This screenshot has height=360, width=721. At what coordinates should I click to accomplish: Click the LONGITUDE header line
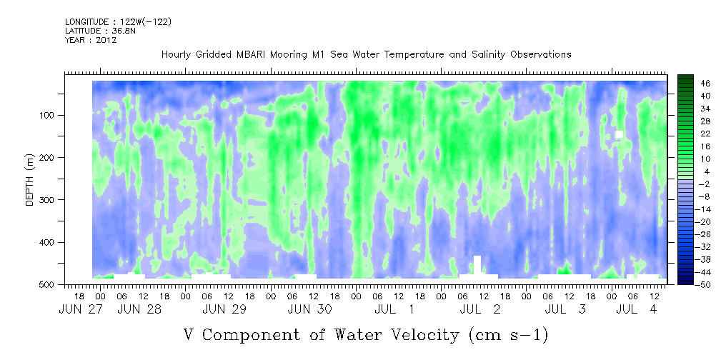pyautogui.click(x=119, y=21)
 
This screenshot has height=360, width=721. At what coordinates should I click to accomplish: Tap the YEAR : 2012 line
pyautogui.click(x=91, y=40)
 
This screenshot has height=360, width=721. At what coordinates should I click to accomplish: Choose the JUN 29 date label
pyautogui.click(x=224, y=309)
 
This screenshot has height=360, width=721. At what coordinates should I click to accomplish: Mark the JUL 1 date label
pyautogui.click(x=394, y=309)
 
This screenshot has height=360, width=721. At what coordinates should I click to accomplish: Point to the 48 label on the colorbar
pyautogui.click(x=706, y=84)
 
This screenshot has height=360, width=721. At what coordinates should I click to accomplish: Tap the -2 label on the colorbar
pyautogui.click(x=705, y=184)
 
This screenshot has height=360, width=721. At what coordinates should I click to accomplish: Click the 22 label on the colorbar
pyautogui.click(x=706, y=136)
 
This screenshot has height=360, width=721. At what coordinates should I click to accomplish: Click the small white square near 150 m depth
pyautogui.click(x=619, y=134)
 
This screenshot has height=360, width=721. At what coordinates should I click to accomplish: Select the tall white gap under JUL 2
pyautogui.click(x=477, y=264)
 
